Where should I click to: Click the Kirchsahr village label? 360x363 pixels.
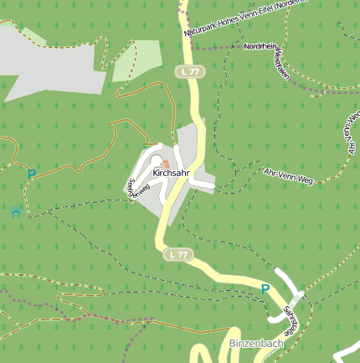171,173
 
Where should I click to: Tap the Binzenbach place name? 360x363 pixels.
255,344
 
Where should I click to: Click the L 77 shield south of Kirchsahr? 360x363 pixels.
177,253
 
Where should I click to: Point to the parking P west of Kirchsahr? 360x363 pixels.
32,174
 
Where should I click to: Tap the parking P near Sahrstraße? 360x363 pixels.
265,289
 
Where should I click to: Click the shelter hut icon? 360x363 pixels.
17,211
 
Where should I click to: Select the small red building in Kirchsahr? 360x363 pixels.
166,163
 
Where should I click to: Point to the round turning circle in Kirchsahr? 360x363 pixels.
157,147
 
